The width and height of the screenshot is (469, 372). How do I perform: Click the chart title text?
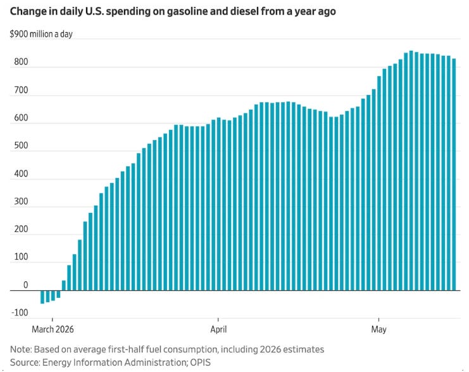click(173, 11)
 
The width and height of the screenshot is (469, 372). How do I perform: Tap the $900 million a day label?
click(41, 34)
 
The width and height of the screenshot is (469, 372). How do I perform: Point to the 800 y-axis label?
click(21, 61)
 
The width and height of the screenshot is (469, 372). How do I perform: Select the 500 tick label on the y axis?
click(21, 146)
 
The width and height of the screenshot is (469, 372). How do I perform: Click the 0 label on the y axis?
click(26, 285)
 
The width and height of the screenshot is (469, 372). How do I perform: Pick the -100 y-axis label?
click(20, 312)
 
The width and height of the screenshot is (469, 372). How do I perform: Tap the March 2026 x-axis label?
click(53, 330)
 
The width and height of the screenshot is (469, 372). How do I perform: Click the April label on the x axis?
click(218, 330)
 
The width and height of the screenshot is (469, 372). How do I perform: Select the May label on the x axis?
click(378, 330)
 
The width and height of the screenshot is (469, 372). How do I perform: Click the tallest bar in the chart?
click(411, 170)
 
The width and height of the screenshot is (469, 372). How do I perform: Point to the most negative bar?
click(42, 297)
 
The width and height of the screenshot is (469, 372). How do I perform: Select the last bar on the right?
click(454, 175)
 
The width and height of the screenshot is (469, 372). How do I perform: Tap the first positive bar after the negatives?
click(64, 285)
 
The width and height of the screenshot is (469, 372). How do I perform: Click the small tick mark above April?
click(218, 320)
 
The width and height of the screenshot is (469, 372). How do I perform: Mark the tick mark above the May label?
click(378, 320)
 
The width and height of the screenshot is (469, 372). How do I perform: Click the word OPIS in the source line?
click(201, 362)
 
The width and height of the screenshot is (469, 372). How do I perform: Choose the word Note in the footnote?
click(21, 350)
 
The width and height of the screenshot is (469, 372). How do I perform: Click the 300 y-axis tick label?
click(21, 202)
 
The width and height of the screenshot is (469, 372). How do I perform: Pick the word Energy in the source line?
click(57, 362)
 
